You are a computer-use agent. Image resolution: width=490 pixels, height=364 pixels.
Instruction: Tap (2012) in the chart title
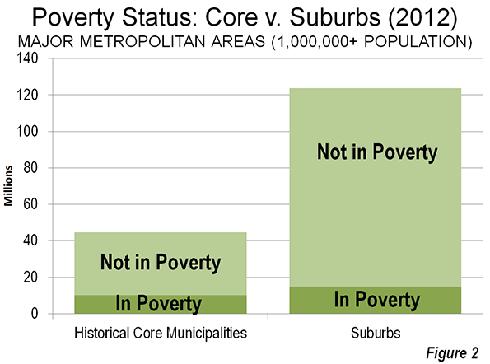pyautogui.click(x=422, y=17)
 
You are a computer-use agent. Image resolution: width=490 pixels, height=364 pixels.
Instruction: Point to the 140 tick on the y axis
pyautogui.click(x=26, y=58)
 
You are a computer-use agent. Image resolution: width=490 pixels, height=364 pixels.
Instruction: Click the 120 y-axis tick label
pyautogui.click(x=26, y=95)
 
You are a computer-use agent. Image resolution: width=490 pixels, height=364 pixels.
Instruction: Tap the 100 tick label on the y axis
pyautogui.click(x=26, y=131)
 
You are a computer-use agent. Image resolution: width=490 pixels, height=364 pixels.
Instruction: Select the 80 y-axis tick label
pyautogui.click(x=30, y=168)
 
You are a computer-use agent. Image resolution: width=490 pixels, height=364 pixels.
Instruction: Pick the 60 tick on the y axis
pyautogui.click(x=30, y=204)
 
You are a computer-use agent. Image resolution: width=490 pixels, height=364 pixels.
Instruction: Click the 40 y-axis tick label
pyautogui.click(x=30, y=240)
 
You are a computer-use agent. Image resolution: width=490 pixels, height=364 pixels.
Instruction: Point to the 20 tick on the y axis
pyautogui.click(x=30, y=278)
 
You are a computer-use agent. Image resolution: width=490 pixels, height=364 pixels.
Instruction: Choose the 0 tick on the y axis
pyautogui.click(x=34, y=314)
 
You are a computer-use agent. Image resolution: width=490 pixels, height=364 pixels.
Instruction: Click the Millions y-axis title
pyautogui.click(x=8, y=185)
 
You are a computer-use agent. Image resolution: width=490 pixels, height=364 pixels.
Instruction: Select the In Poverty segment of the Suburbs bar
pyautogui.click(x=376, y=300)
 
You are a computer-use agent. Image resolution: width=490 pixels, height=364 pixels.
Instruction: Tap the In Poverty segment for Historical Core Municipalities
pyautogui.click(x=161, y=304)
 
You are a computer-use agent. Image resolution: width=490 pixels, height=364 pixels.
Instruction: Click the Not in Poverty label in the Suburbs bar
pyautogui.click(x=377, y=152)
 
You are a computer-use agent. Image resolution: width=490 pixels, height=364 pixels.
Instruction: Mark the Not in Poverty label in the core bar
pyautogui.click(x=161, y=262)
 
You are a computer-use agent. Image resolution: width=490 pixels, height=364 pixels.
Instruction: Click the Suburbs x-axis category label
pyautogui.click(x=376, y=333)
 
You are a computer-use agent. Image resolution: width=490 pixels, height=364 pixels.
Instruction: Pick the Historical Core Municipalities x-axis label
pyautogui.click(x=161, y=334)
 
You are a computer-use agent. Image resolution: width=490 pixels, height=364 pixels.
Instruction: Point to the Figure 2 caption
pyautogui.click(x=452, y=353)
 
